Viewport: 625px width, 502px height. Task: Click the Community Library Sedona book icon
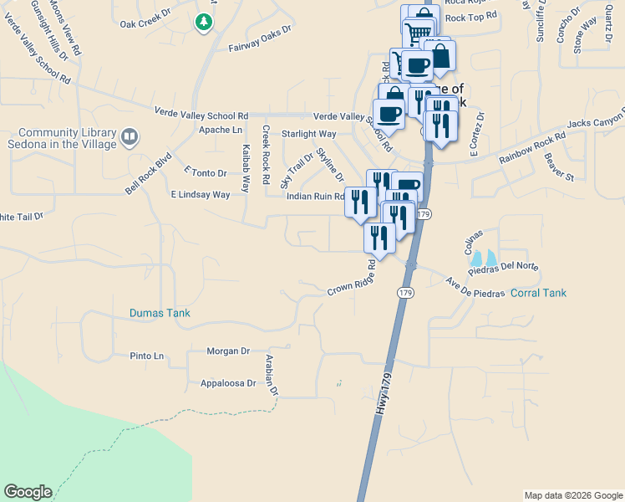[x=129, y=136]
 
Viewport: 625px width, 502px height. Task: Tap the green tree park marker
[x=203, y=23]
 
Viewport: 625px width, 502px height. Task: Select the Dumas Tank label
[x=160, y=313]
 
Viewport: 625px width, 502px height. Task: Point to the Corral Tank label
[x=537, y=293]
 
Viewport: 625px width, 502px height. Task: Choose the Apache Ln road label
[x=221, y=130]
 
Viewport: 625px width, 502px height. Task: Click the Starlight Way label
[x=308, y=133]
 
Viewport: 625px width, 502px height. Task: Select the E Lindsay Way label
[x=200, y=194]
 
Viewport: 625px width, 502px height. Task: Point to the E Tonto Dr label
[x=205, y=172]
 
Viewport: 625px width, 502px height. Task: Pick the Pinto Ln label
[x=147, y=356]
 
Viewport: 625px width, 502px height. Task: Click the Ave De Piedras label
[x=474, y=287]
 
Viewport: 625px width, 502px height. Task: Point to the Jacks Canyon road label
[x=596, y=123]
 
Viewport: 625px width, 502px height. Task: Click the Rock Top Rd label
[x=471, y=16]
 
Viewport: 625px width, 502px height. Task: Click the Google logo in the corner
[x=28, y=492]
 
